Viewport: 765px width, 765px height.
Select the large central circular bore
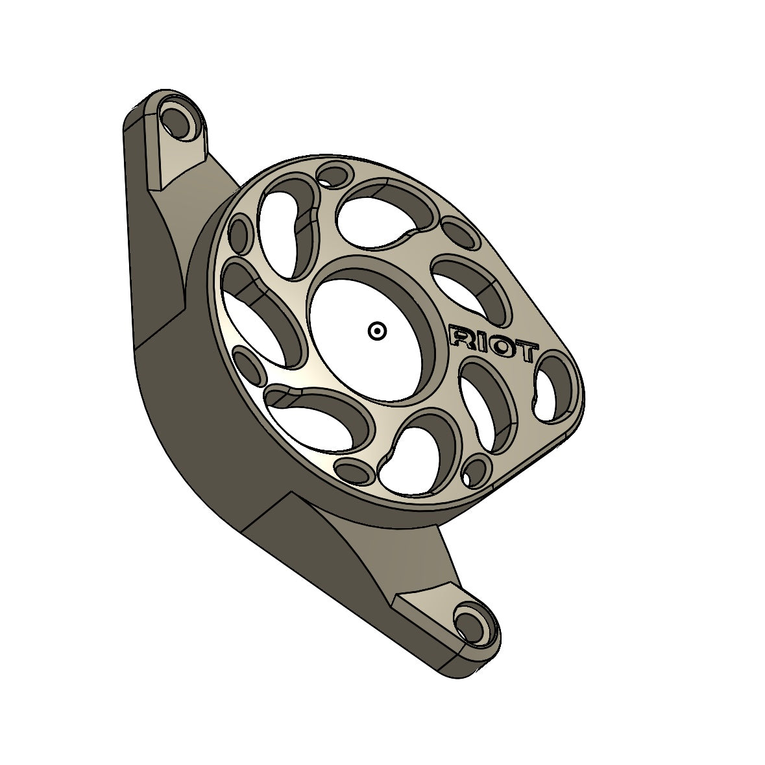(367, 331)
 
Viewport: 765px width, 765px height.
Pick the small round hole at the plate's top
(332, 175)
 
